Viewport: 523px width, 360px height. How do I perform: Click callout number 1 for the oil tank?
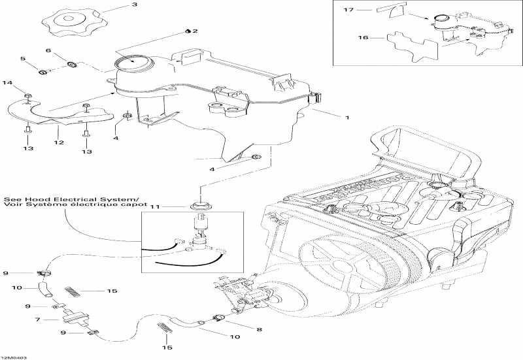coord(346,118)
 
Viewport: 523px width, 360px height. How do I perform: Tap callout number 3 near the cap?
coord(134,5)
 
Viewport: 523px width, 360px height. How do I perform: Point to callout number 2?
coord(194,31)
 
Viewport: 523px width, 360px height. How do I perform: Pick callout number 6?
coord(48,50)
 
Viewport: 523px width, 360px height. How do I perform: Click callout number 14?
coord(8,82)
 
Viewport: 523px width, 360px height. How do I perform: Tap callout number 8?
coord(259,330)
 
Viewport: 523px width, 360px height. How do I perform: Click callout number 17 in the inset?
coord(348,10)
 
